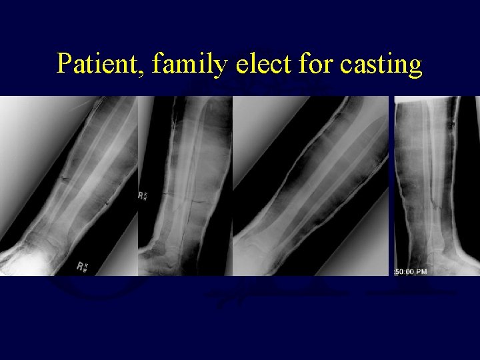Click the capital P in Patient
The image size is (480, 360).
[x=64, y=64]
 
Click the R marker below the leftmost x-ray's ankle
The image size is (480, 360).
[x=82, y=267]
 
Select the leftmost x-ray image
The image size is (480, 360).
[x=68, y=185]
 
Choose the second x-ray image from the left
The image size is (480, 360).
[x=185, y=185]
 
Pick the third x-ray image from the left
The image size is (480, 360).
[x=310, y=185]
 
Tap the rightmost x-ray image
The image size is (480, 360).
[x=436, y=185]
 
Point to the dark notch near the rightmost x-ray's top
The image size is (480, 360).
[x=453, y=123]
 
